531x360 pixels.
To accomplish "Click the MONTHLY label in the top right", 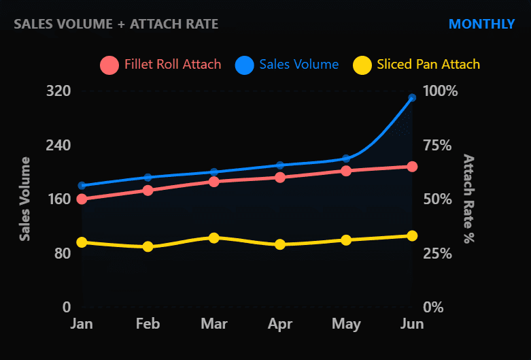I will click(481, 24).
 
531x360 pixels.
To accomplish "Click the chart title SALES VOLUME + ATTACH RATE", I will click(116, 24).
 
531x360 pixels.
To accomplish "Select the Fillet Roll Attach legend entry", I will click(161, 65).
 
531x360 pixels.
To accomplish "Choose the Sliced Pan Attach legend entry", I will click(417, 65).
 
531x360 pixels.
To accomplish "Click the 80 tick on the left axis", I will click(61, 253).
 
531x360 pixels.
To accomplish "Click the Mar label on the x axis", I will click(214, 324).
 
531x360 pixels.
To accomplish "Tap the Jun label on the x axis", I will click(411, 324).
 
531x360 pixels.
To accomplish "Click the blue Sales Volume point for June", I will click(412, 98).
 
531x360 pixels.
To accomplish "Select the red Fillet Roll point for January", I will click(82, 199).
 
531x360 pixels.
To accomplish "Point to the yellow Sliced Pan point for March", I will click(214, 238).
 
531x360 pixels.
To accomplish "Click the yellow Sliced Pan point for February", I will click(148, 247).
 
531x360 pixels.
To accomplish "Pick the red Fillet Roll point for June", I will click(412, 167).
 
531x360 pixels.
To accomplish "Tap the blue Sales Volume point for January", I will click(82, 185).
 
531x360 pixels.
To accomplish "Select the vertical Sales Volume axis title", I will click(25, 198).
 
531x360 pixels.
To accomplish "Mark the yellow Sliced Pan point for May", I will click(346, 240).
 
